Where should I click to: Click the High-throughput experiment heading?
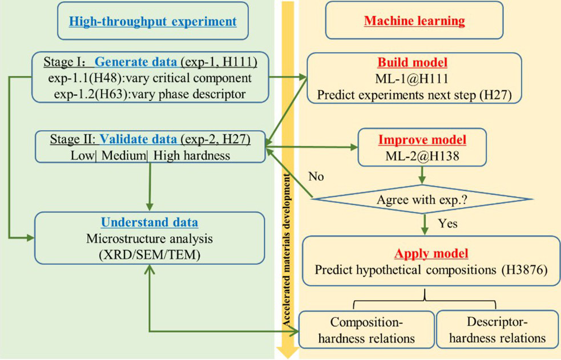pyautogui.click(x=152, y=22)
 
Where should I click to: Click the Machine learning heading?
pyautogui.click(x=414, y=22)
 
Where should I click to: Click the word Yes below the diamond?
pyautogui.click(x=448, y=223)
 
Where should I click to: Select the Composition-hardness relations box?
pyautogui.click(x=366, y=330)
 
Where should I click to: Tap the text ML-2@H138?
pyautogui.click(x=422, y=155)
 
